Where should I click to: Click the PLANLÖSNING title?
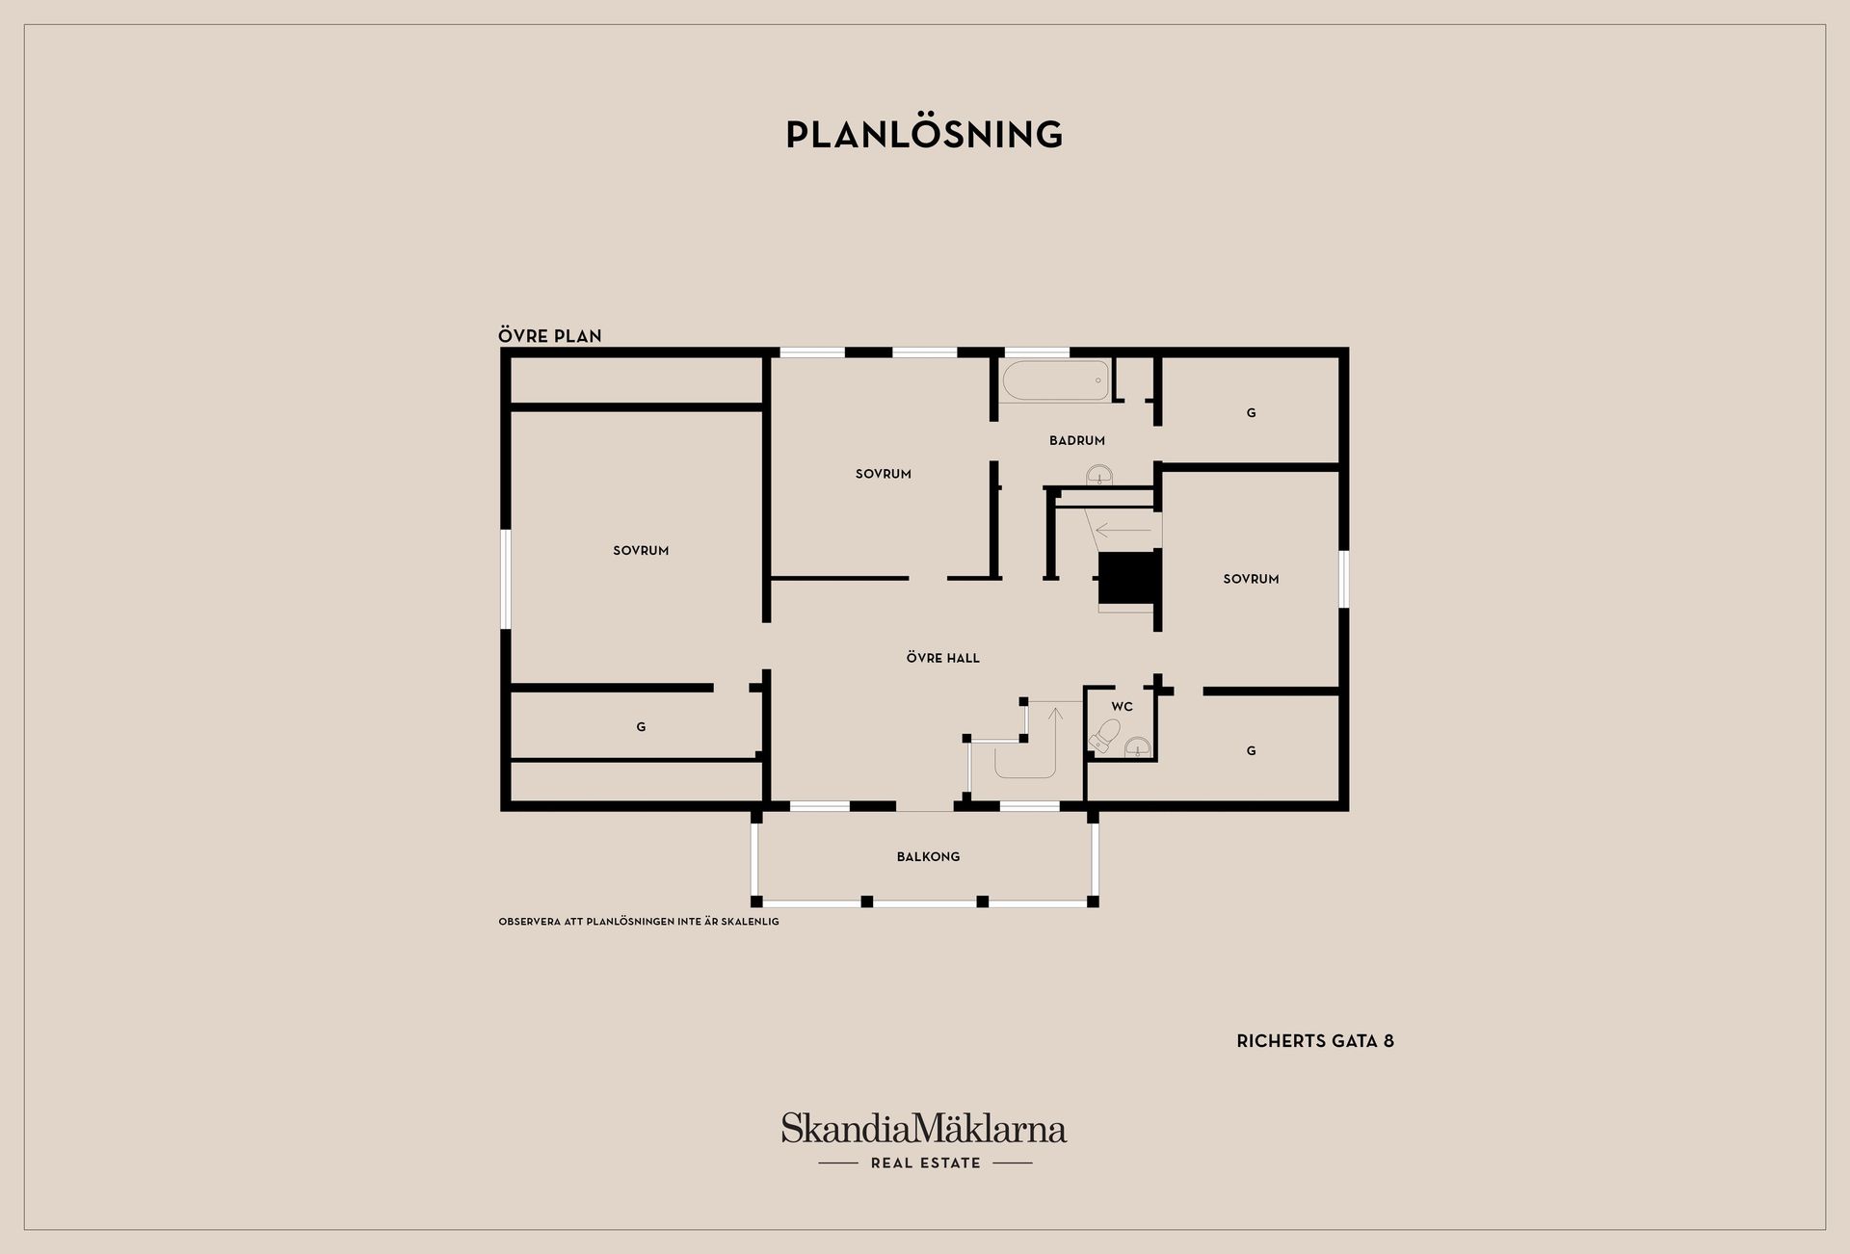[x=924, y=134]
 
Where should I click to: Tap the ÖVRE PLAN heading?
[x=550, y=335]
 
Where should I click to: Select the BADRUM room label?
[x=1077, y=440]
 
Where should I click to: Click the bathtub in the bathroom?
[x=1055, y=380]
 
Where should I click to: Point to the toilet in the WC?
[x=1104, y=735]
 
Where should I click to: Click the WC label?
[x=1122, y=706]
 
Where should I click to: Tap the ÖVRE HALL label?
[x=943, y=658]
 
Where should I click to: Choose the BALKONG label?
[x=928, y=856]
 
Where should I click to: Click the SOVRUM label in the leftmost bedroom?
[x=641, y=551]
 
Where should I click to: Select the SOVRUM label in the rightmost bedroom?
[x=1251, y=579]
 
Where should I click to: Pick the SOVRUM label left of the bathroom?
[x=884, y=474]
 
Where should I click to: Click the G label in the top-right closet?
[x=1251, y=413]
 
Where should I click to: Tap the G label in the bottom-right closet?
[x=1251, y=751]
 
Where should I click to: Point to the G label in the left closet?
[x=641, y=727]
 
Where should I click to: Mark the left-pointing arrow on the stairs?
[x=1123, y=530]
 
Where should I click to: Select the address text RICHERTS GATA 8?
[x=1315, y=1041]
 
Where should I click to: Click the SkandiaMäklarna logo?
[x=924, y=1140]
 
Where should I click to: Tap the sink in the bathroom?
[x=1099, y=476]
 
